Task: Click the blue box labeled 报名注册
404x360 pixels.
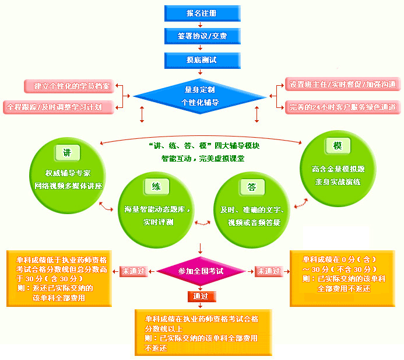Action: pos(202,13)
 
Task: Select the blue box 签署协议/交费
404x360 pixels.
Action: pos(202,36)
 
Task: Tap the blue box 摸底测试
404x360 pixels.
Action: pos(202,60)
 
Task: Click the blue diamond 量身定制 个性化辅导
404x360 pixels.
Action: pos(200,96)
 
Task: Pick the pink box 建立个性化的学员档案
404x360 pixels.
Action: pos(71,86)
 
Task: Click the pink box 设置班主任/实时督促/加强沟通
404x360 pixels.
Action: pos(343,85)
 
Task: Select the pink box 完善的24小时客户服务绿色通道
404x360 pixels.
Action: pos(343,107)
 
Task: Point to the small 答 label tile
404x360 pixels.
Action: pos(251,187)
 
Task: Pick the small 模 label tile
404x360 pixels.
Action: pos(337,146)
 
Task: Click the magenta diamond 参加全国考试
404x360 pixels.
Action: pos(201,271)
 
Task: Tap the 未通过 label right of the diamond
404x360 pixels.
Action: pos(268,271)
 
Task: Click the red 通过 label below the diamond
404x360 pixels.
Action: pos(200,297)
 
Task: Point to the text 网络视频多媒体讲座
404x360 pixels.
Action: pos(66,186)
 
